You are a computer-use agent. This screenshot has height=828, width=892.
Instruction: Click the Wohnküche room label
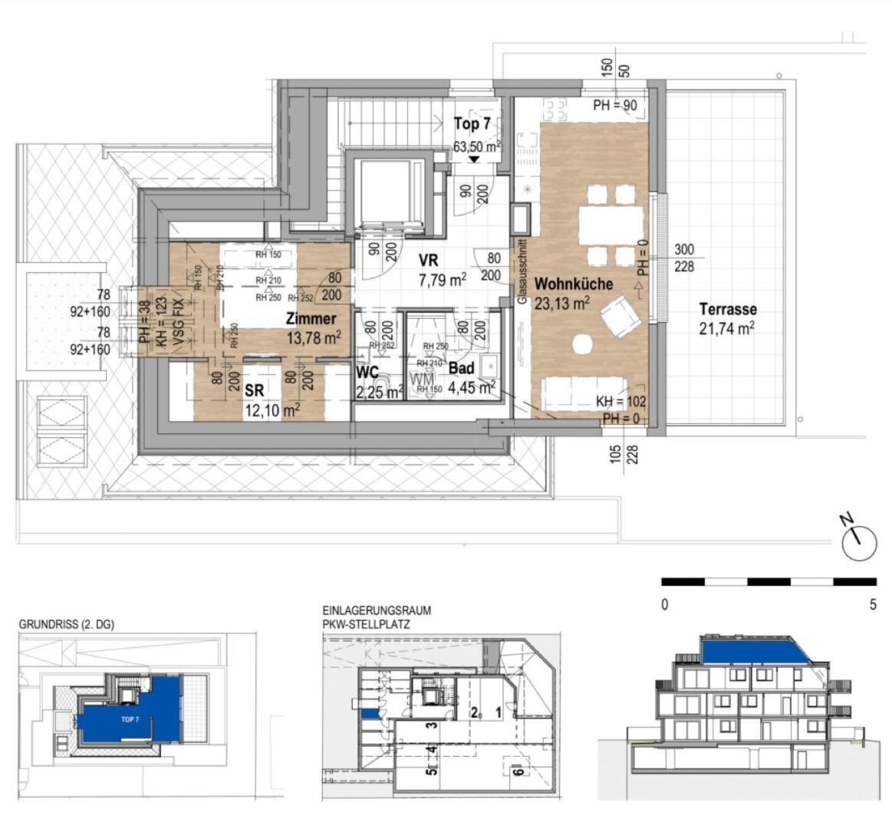pyautogui.click(x=574, y=284)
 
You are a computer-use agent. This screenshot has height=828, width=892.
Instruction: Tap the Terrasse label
pyautogui.click(x=727, y=310)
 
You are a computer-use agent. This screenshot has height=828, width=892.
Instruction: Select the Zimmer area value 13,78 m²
pyautogui.click(x=314, y=337)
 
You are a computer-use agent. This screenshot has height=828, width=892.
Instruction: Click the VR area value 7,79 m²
pyautogui.click(x=443, y=280)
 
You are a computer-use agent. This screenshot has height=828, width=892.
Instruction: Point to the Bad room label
pyautogui.click(x=461, y=368)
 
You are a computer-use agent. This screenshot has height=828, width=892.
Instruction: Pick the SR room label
pyautogui.click(x=255, y=391)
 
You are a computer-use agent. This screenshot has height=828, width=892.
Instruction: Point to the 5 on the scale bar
pyautogui.click(x=873, y=605)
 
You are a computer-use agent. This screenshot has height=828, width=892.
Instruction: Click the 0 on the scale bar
pyautogui.click(x=664, y=605)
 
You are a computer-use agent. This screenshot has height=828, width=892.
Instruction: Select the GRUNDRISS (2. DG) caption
pyautogui.click(x=66, y=625)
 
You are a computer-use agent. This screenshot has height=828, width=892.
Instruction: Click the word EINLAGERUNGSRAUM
pyautogui.click(x=377, y=611)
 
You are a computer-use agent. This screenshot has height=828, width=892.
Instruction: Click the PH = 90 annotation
pyautogui.click(x=615, y=106)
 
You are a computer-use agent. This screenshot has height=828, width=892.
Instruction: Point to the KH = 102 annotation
pyautogui.click(x=621, y=401)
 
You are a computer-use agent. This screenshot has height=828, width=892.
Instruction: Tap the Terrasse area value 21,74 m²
pyautogui.click(x=726, y=328)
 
